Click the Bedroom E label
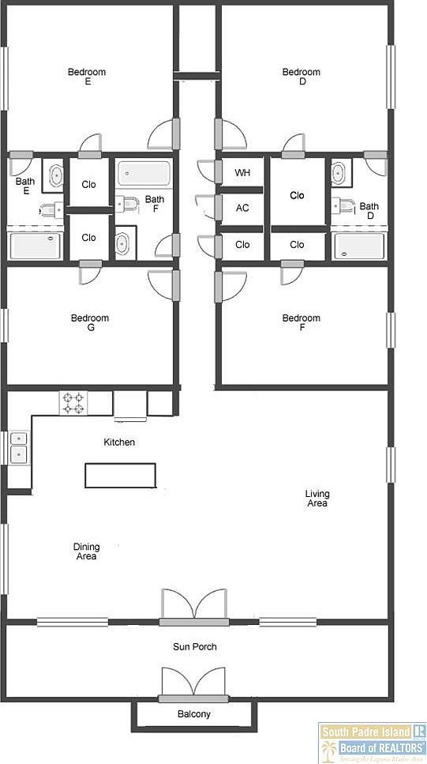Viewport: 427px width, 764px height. point(87,77)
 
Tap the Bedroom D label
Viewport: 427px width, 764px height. point(302,77)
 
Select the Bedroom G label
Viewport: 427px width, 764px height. point(90,323)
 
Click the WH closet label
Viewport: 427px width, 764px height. point(242,172)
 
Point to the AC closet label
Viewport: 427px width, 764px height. point(242,208)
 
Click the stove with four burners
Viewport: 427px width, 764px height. point(73,403)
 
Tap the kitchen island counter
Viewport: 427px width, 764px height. point(121,475)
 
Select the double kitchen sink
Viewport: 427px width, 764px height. point(17,447)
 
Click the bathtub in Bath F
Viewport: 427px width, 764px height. point(144,174)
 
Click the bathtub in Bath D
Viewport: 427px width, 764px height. point(359,246)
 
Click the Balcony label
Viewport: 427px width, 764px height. point(193,714)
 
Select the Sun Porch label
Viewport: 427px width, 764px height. point(195,647)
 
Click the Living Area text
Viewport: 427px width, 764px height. point(317,499)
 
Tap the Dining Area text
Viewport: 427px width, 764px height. point(87,551)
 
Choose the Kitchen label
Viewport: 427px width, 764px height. point(119,442)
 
